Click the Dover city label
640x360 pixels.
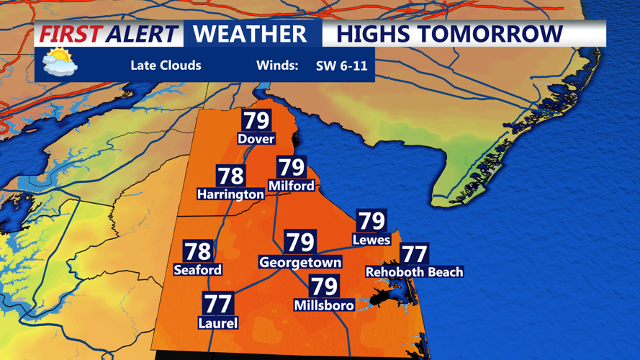pyautogui.click(x=256, y=138)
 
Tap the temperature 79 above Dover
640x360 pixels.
pyautogui.click(x=256, y=120)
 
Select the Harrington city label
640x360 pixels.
pyautogui.click(x=230, y=194)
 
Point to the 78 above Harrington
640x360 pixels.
pyautogui.click(x=230, y=176)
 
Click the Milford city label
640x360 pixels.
pyautogui.click(x=291, y=186)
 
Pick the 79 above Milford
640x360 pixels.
pyautogui.click(x=292, y=167)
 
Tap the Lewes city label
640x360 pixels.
pyautogui.click(x=371, y=240)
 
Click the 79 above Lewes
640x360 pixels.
pyautogui.click(x=371, y=220)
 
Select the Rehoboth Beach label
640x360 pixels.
pyautogui.click(x=415, y=272)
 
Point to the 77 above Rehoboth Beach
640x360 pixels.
pyautogui.click(x=414, y=253)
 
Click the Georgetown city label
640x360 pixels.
pyautogui.click(x=300, y=263)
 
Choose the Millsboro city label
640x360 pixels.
pyautogui.click(x=324, y=305)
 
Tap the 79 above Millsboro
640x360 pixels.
pyautogui.click(x=324, y=287)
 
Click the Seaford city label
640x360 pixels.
pyautogui.click(x=198, y=270)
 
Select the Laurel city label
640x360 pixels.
pyautogui.click(x=217, y=323)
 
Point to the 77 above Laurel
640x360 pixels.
pyautogui.click(x=217, y=304)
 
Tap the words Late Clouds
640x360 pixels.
pyautogui.click(x=166, y=66)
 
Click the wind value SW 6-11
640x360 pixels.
pyautogui.click(x=341, y=66)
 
